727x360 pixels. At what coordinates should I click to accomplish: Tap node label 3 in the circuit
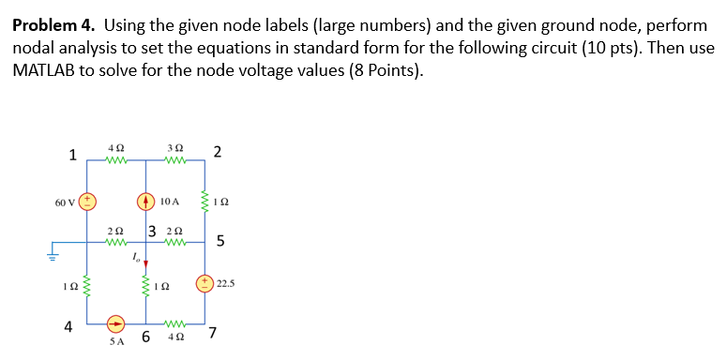(x=151, y=232)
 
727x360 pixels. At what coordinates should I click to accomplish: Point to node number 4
(x=68, y=327)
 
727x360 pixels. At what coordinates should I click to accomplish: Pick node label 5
(x=220, y=243)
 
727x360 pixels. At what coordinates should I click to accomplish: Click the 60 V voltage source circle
(x=86, y=201)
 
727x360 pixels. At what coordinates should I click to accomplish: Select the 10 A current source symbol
(x=144, y=201)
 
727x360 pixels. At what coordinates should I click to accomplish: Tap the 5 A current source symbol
(x=114, y=324)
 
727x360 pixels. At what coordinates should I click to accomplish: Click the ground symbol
(x=53, y=250)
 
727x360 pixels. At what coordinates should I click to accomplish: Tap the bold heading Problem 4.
(x=56, y=25)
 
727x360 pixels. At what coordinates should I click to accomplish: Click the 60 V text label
(x=63, y=201)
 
